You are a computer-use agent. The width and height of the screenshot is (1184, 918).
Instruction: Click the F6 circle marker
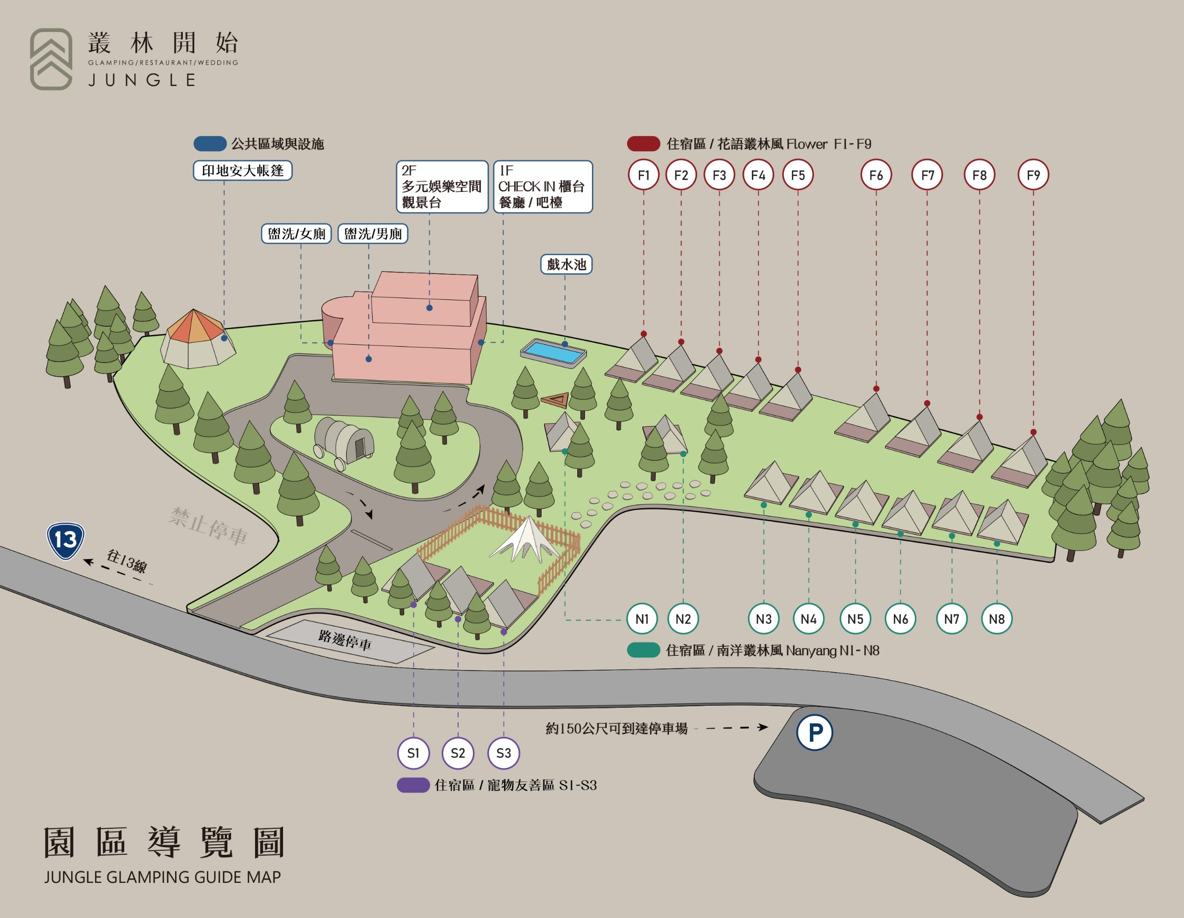coord(876,175)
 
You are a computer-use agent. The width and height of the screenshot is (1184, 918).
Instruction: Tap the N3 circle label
coord(764,619)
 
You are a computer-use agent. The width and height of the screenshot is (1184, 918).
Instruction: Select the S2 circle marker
coord(458,753)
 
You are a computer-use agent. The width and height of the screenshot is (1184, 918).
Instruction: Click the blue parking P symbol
coord(814,733)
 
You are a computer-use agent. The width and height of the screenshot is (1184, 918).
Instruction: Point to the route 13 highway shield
coord(66,541)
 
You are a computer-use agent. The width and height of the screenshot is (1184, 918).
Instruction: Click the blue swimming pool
coord(553,353)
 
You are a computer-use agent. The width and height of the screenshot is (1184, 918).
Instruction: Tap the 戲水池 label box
coord(567,265)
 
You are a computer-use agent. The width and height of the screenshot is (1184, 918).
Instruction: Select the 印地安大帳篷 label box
coord(243,170)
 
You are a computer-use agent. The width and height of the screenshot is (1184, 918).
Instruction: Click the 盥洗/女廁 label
coord(297,234)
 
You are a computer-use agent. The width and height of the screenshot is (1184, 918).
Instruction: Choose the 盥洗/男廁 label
coord(373,234)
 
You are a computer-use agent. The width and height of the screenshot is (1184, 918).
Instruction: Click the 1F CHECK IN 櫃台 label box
coord(543,186)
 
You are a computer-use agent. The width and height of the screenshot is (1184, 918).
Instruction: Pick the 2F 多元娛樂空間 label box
coord(442,186)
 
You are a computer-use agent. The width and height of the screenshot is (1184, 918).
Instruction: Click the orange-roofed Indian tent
coord(198,339)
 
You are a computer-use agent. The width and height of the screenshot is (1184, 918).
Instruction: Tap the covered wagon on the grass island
coord(344,442)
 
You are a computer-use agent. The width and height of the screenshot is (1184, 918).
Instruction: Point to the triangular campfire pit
coord(555,400)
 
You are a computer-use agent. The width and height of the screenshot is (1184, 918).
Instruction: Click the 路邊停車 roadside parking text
coord(345,640)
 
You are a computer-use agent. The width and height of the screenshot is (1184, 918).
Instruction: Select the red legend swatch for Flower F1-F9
coord(643,144)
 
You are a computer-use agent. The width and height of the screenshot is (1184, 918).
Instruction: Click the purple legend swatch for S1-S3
coord(413,785)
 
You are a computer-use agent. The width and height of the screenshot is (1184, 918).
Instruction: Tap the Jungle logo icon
coord(51,59)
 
